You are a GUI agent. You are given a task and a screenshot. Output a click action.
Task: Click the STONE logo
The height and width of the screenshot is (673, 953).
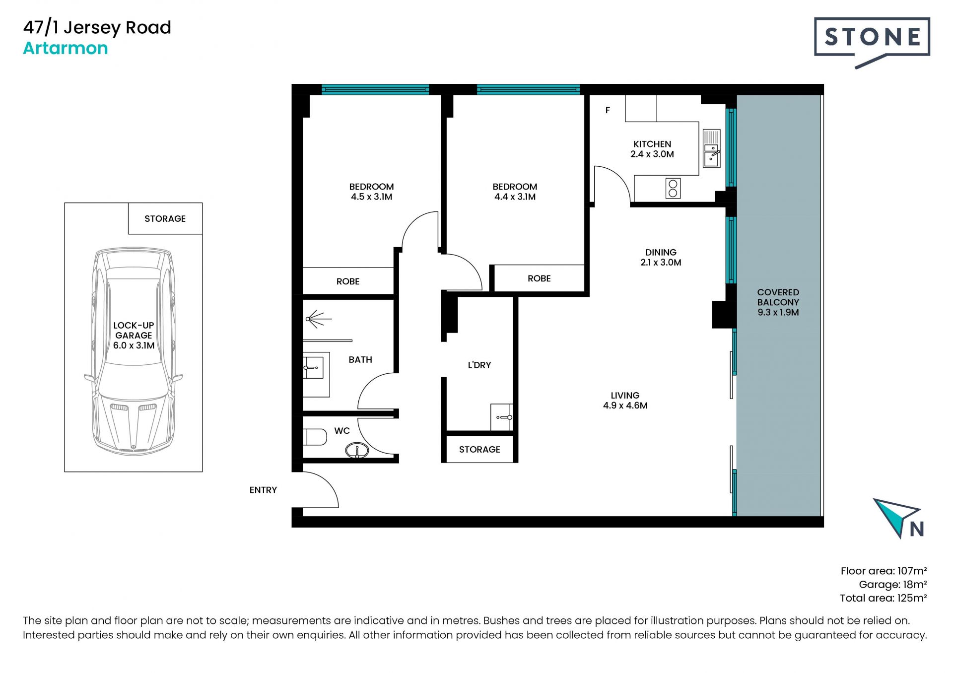click(x=872, y=42)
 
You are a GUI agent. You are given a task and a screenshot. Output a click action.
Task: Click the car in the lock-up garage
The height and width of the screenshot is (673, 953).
click(x=134, y=351)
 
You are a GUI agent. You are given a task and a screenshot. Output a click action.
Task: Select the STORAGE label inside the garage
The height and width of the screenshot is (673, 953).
click(x=165, y=219)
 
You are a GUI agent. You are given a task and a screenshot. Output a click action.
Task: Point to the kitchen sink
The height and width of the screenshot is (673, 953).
click(x=712, y=149)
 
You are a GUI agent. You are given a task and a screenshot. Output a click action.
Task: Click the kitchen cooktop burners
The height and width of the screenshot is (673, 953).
click(x=673, y=189)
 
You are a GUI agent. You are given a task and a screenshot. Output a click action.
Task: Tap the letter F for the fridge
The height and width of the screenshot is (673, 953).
click(x=608, y=110)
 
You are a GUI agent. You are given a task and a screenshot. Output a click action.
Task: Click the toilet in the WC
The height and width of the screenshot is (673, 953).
click(x=315, y=437)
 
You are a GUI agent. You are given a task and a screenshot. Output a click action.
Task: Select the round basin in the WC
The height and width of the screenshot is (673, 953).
click(x=357, y=450)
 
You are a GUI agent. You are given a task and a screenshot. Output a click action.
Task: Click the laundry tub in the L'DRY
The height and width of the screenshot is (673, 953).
click(x=501, y=417)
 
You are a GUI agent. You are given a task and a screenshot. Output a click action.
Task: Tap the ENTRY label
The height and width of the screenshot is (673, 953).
click(x=263, y=490)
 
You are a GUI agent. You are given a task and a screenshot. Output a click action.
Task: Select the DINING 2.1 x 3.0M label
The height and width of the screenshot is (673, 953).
click(x=661, y=258)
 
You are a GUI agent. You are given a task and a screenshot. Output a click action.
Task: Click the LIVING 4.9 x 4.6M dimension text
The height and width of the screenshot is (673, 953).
click(x=625, y=405)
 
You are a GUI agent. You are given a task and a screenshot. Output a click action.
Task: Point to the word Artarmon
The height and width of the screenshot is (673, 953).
click(x=66, y=48)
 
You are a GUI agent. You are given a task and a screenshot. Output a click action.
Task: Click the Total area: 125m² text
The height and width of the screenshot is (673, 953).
click(x=883, y=598)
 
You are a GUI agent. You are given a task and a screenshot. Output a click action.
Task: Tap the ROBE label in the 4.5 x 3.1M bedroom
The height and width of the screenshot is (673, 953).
click(x=348, y=281)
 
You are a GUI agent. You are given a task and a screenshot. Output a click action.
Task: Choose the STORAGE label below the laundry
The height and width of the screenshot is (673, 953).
click(x=479, y=450)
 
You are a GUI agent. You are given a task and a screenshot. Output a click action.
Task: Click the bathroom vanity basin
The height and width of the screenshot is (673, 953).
click(x=314, y=368)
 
